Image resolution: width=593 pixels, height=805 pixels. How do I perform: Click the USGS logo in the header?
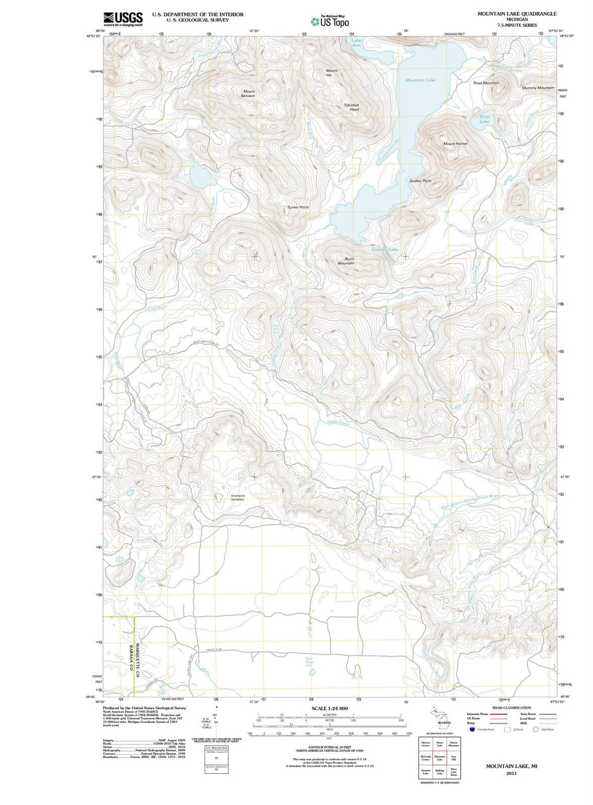123,19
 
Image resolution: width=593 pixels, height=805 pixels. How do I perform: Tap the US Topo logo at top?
329,21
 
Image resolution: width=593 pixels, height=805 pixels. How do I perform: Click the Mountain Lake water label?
420,80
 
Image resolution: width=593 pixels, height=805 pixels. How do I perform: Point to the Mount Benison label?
248,94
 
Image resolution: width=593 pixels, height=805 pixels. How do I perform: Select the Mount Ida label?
332,72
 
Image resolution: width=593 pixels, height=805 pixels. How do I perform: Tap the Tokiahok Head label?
351,107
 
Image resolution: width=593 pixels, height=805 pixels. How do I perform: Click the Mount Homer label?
455,144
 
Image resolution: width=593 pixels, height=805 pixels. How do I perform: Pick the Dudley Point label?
420,181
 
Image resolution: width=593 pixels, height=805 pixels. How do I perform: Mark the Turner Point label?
298,207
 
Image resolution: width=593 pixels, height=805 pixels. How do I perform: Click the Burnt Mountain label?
345,261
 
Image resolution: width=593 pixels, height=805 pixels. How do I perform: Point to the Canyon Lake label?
384,250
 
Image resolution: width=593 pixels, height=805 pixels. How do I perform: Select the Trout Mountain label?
486,83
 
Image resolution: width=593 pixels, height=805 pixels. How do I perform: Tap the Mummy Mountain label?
538,88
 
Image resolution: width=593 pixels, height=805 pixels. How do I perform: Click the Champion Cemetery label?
237,497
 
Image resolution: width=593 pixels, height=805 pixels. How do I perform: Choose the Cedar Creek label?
338,423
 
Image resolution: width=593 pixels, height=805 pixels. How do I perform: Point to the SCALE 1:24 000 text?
329,708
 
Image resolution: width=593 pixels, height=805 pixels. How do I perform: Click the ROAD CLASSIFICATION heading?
512,708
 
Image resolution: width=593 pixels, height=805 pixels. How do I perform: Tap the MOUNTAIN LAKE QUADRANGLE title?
509,14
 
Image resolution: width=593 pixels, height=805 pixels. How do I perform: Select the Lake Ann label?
356,43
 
